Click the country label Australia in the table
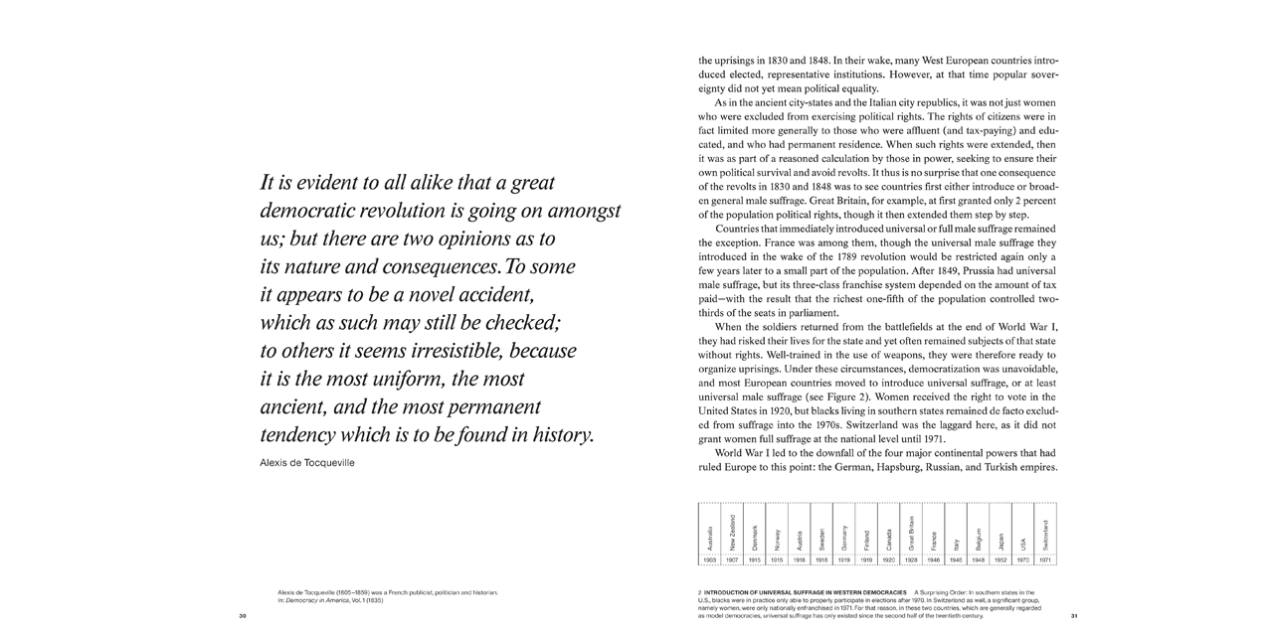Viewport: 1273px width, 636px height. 709,537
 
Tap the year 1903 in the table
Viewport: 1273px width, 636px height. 709,560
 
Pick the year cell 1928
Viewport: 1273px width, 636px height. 911,560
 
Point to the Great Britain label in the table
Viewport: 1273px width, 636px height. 911,533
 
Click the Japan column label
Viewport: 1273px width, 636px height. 1000,542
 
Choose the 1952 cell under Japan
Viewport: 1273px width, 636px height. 1000,560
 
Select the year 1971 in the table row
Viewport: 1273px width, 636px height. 1045,560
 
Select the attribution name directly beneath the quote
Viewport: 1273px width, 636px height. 306,463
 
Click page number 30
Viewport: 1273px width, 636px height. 243,616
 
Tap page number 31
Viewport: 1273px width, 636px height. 1074,616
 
